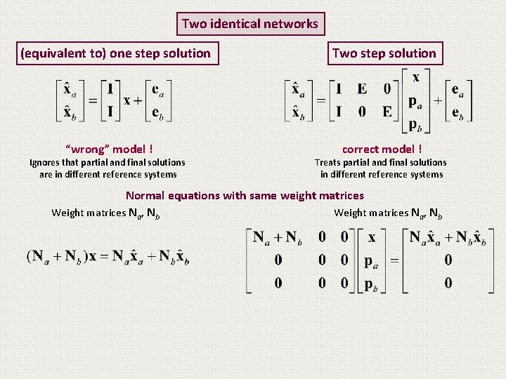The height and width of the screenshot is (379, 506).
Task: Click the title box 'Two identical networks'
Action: [249, 24]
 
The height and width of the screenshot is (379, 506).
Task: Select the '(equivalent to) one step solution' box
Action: [115, 53]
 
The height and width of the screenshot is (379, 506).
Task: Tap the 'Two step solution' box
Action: [384, 53]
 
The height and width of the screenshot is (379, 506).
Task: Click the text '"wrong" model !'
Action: [109, 149]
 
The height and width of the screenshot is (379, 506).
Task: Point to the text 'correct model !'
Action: [382, 149]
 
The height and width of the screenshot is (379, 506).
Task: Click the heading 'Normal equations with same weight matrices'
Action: [245, 196]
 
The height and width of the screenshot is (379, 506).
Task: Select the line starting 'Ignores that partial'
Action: [108, 162]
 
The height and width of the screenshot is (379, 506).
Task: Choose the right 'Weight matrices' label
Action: [387, 213]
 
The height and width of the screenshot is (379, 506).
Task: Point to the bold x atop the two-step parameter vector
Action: [416, 77]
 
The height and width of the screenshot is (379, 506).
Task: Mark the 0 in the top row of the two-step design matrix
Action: [387, 89]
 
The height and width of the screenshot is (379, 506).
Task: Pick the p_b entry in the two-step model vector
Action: [416, 126]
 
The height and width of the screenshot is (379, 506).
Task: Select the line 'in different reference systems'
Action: [382, 175]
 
